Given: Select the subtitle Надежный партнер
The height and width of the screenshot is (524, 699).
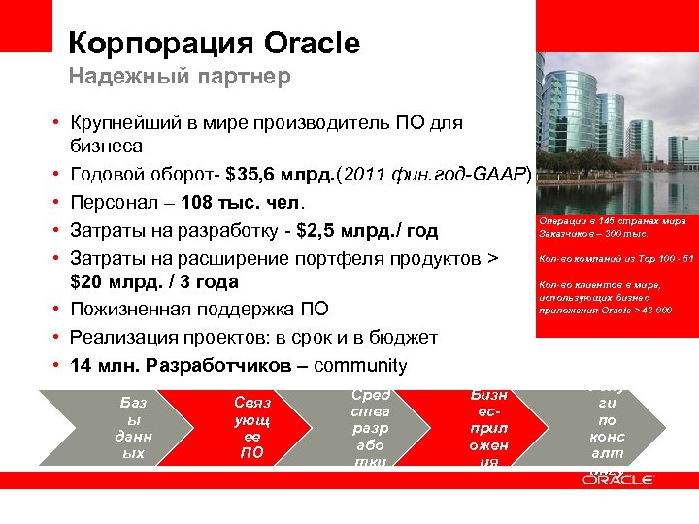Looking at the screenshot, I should [179, 77].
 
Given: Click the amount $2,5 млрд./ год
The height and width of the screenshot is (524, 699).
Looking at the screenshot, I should [348, 231].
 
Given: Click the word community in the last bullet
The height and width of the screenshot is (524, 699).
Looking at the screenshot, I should [360, 366].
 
